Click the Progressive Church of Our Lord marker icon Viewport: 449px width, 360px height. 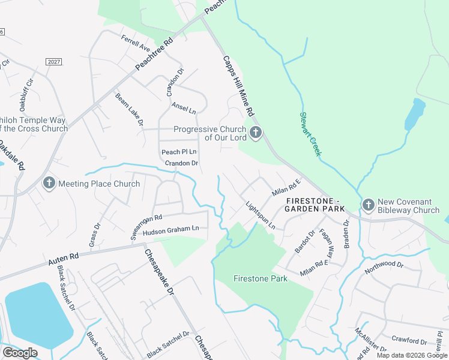[256, 133]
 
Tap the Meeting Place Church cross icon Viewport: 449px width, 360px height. [49, 184]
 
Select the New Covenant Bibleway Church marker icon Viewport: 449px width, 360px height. [368, 206]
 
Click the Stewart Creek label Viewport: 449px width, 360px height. [311, 134]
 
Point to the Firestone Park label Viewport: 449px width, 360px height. [260, 278]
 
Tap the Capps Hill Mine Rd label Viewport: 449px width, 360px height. [239, 86]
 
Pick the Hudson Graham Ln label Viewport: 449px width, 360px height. [170, 229]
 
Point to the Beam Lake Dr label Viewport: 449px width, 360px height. [129, 109]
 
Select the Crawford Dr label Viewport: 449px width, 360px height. [409, 341]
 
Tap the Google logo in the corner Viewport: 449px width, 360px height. [20, 353]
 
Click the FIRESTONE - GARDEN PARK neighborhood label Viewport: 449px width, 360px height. [315, 204]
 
